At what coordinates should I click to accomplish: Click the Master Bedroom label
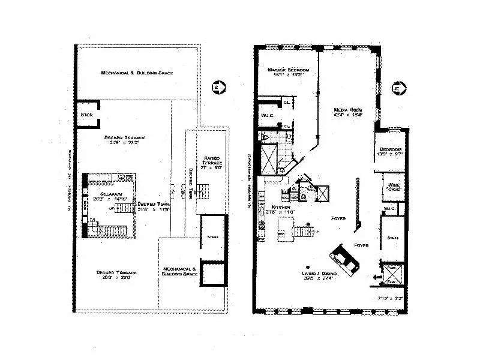coord(288,70)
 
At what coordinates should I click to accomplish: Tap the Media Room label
coord(347,110)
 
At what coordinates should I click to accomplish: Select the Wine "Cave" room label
coord(393,187)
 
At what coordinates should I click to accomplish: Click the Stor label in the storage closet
coord(86,114)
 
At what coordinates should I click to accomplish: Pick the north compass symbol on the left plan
coord(215,88)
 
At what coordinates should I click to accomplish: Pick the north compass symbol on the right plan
coord(395,88)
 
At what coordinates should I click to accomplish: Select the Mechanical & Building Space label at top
coord(137,73)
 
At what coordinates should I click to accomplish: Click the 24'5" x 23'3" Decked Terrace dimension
coord(125,143)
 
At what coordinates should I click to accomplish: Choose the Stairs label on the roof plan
coord(212,237)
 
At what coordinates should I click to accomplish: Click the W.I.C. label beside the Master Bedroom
coord(268,115)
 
